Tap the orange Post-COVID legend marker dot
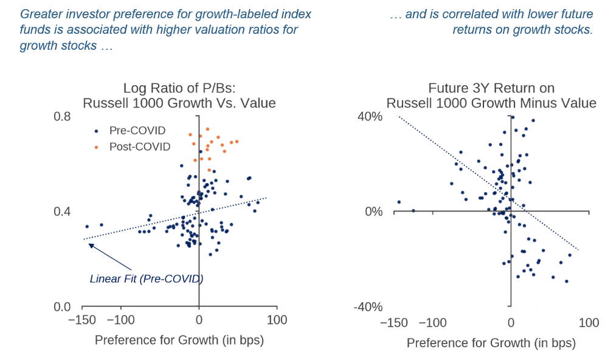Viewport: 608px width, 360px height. (96, 147)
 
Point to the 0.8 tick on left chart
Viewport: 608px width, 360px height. (63, 116)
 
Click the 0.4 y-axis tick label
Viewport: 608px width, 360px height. (63, 212)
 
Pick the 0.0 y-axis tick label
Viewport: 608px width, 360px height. (63, 307)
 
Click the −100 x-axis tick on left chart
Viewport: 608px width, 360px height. (120, 320)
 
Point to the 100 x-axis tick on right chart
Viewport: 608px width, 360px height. (589, 323)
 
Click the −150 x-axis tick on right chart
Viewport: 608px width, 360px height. (394, 323)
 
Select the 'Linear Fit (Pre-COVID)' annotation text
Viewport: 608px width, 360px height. (146, 279)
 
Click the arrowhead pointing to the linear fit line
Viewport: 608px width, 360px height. (90, 245)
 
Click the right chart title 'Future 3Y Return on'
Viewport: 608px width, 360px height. (491, 88)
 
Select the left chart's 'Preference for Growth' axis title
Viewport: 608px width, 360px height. (179, 341)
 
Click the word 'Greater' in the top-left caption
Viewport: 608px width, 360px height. (41, 13)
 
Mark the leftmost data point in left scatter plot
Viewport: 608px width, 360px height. (87, 226)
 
